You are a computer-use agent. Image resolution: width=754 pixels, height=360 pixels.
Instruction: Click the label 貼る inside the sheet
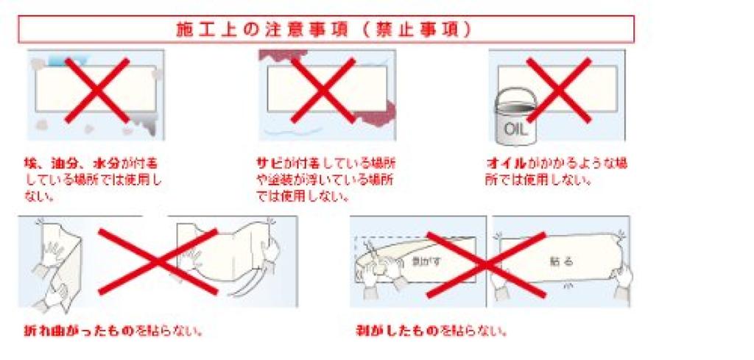click(x=561, y=261)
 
